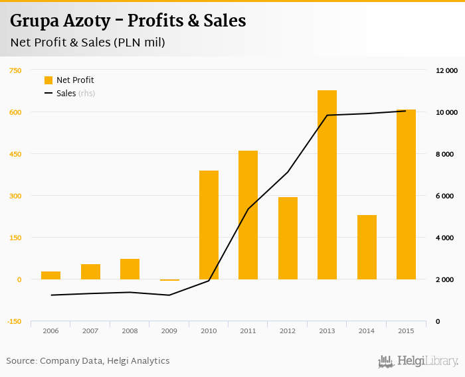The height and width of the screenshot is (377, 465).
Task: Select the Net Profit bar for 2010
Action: [x=209, y=225]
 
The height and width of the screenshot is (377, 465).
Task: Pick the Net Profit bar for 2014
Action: [x=367, y=247]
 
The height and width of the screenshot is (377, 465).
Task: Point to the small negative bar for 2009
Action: [x=169, y=280]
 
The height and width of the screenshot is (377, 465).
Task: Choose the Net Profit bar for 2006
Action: [x=50, y=275]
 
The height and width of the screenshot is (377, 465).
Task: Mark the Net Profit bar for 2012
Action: [x=288, y=238]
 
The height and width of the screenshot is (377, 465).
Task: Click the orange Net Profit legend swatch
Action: [x=48, y=80]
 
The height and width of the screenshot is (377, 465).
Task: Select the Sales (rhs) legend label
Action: [x=75, y=94]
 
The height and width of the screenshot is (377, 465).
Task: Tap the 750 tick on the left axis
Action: [x=15, y=70]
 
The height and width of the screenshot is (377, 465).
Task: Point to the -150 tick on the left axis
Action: [x=15, y=322]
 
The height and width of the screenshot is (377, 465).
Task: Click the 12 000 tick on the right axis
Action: [x=446, y=70]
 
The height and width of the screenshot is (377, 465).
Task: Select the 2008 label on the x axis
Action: [x=130, y=331]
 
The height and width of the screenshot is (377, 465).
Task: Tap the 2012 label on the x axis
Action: [x=288, y=331]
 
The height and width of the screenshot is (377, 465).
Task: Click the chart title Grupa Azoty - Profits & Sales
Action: [x=128, y=21]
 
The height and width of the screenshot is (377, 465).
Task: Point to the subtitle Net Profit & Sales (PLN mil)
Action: [x=88, y=42]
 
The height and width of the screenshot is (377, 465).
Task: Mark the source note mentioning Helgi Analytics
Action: [x=88, y=361]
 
